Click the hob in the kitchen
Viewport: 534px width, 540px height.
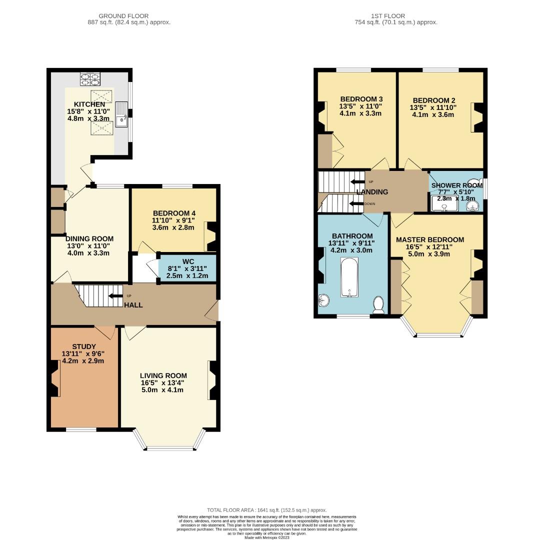(x=90, y=79)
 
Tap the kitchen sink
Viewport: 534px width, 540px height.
(x=121, y=114)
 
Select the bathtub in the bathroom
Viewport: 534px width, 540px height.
(x=349, y=277)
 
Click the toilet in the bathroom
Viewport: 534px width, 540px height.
(x=378, y=305)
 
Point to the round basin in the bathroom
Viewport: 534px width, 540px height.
(x=323, y=300)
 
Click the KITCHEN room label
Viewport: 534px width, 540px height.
(x=89, y=104)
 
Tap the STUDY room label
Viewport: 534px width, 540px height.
(x=84, y=346)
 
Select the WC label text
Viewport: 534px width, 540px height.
(x=188, y=261)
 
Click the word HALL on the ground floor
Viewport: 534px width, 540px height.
(x=133, y=305)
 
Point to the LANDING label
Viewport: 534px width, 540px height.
(x=372, y=192)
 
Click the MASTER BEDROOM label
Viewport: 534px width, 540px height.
(x=430, y=239)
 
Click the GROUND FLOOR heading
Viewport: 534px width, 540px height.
(x=123, y=16)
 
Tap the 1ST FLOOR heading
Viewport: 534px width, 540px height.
(x=388, y=16)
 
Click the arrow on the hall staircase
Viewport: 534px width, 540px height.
(x=115, y=296)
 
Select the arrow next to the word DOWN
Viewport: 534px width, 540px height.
(x=356, y=204)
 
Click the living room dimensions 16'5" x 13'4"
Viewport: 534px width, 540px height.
(x=162, y=382)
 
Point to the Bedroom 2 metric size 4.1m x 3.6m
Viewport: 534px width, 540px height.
(x=433, y=114)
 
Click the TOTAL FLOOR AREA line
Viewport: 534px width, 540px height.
(x=267, y=510)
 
